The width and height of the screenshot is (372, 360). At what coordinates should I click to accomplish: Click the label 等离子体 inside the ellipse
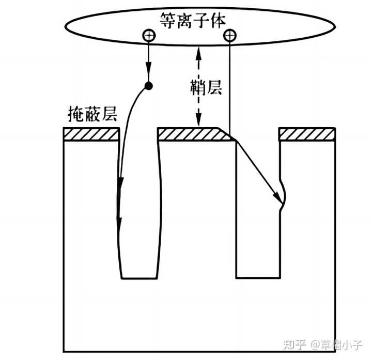point(192,20)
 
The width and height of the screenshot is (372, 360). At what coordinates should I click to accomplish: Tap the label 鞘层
point(206,87)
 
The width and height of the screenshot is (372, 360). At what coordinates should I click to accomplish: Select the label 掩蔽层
point(92,113)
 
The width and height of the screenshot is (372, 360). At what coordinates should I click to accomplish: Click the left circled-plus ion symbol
point(149,36)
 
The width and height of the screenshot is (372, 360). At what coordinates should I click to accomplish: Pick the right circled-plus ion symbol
point(229,36)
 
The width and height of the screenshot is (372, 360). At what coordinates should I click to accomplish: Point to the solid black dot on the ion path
point(148,86)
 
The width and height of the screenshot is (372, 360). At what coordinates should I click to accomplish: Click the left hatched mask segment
point(91,134)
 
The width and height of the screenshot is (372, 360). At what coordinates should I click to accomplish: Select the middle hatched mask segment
point(195,134)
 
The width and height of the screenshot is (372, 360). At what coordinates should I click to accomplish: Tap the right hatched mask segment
point(307,134)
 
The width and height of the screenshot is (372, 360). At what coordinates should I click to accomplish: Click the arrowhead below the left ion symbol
point(148,67)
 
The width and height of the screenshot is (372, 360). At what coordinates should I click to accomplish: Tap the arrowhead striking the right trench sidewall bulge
point(277,197)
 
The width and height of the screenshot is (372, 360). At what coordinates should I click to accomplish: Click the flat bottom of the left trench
point(139,278)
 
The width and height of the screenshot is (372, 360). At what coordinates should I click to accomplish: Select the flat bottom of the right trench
point(258,277)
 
